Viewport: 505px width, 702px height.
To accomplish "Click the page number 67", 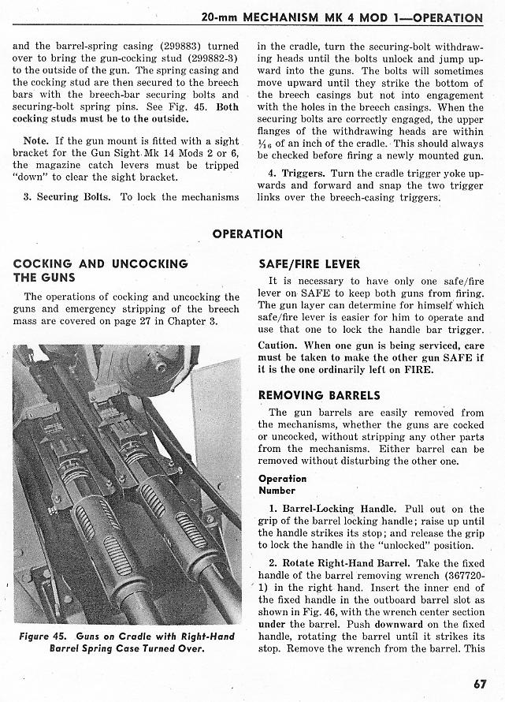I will (480, 683).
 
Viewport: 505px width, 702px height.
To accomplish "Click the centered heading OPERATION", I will (247, 234).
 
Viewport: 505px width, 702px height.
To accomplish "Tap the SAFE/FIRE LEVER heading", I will (309, 264).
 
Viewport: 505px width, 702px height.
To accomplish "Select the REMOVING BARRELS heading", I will (319, 395).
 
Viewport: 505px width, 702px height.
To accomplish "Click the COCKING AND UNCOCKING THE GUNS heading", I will (100, 271).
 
